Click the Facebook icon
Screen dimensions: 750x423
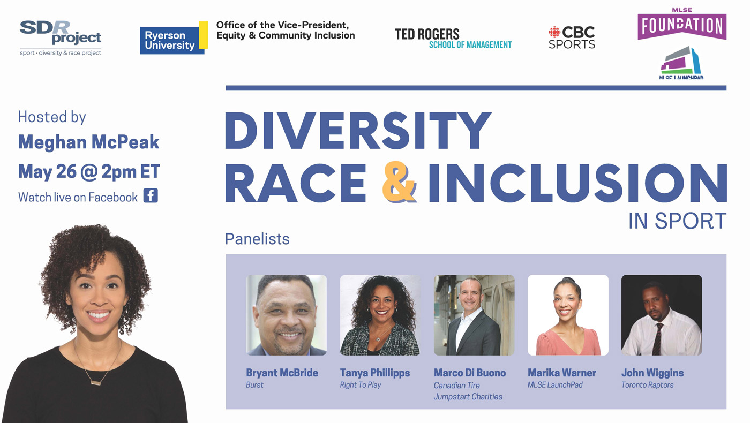tap(151, 196)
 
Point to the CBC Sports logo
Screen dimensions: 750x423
tap(572, 37)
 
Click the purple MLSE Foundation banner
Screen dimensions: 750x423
tap(682, 26)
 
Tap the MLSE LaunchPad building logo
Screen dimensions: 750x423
tap(681, 62)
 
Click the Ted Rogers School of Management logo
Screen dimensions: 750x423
tap(453, 39)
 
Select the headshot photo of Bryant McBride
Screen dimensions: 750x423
tap(286, 315)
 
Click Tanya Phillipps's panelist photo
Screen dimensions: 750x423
tap(380, 315)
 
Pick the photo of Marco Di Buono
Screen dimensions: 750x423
tap(474, 315)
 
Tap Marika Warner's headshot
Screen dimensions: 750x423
tap(568, 315)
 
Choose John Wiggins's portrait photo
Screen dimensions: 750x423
tap(662, 315)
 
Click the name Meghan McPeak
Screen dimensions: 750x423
tap(89, 142)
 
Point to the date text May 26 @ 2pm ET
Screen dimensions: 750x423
tap(89, 172)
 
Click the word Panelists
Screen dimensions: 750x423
tap(257, 239)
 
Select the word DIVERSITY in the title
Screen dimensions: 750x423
tap(358, 131)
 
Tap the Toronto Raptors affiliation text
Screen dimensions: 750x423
tap(648, 385)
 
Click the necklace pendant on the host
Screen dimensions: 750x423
tap(96, 383)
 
